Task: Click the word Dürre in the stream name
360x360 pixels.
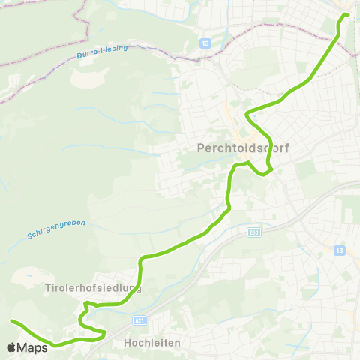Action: (x=86, y=55)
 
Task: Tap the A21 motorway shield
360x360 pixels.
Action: (x=139, y=319)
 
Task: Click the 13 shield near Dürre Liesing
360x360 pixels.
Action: (x=205, y=43)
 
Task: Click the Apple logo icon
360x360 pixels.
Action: (x=12, y=347)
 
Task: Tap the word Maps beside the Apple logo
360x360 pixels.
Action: (x=34, y=347)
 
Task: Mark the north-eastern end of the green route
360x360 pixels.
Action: (x=347, y=14)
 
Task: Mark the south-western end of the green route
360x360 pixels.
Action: (x=12, y=322)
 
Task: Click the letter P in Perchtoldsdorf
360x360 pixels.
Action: (x=199, y=148)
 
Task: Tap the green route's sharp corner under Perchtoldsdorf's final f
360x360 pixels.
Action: (x=265, y=174)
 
